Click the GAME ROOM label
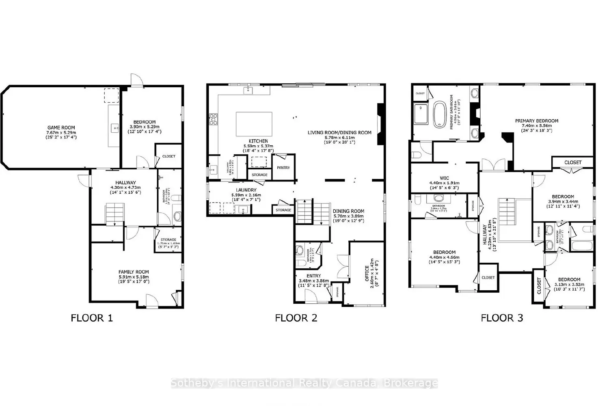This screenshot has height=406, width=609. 61,127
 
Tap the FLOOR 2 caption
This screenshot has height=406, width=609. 296,318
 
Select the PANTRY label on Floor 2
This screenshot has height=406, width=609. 283,167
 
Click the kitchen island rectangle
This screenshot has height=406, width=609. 254,124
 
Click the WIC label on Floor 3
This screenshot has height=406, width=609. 444,177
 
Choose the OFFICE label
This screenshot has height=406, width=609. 367,274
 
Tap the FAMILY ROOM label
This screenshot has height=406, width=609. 134,272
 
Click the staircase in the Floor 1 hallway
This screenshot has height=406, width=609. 115,214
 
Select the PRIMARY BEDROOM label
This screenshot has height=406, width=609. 536,121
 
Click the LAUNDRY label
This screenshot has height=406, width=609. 246,190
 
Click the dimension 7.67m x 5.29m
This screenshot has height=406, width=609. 61,132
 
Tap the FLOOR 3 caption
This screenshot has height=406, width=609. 502,318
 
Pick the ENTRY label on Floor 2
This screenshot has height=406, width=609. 313,276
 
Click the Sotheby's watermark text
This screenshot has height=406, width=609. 304,383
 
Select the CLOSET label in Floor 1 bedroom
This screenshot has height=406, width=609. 169,156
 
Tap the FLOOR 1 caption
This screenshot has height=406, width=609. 92,318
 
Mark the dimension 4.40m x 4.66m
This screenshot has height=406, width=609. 444,257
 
